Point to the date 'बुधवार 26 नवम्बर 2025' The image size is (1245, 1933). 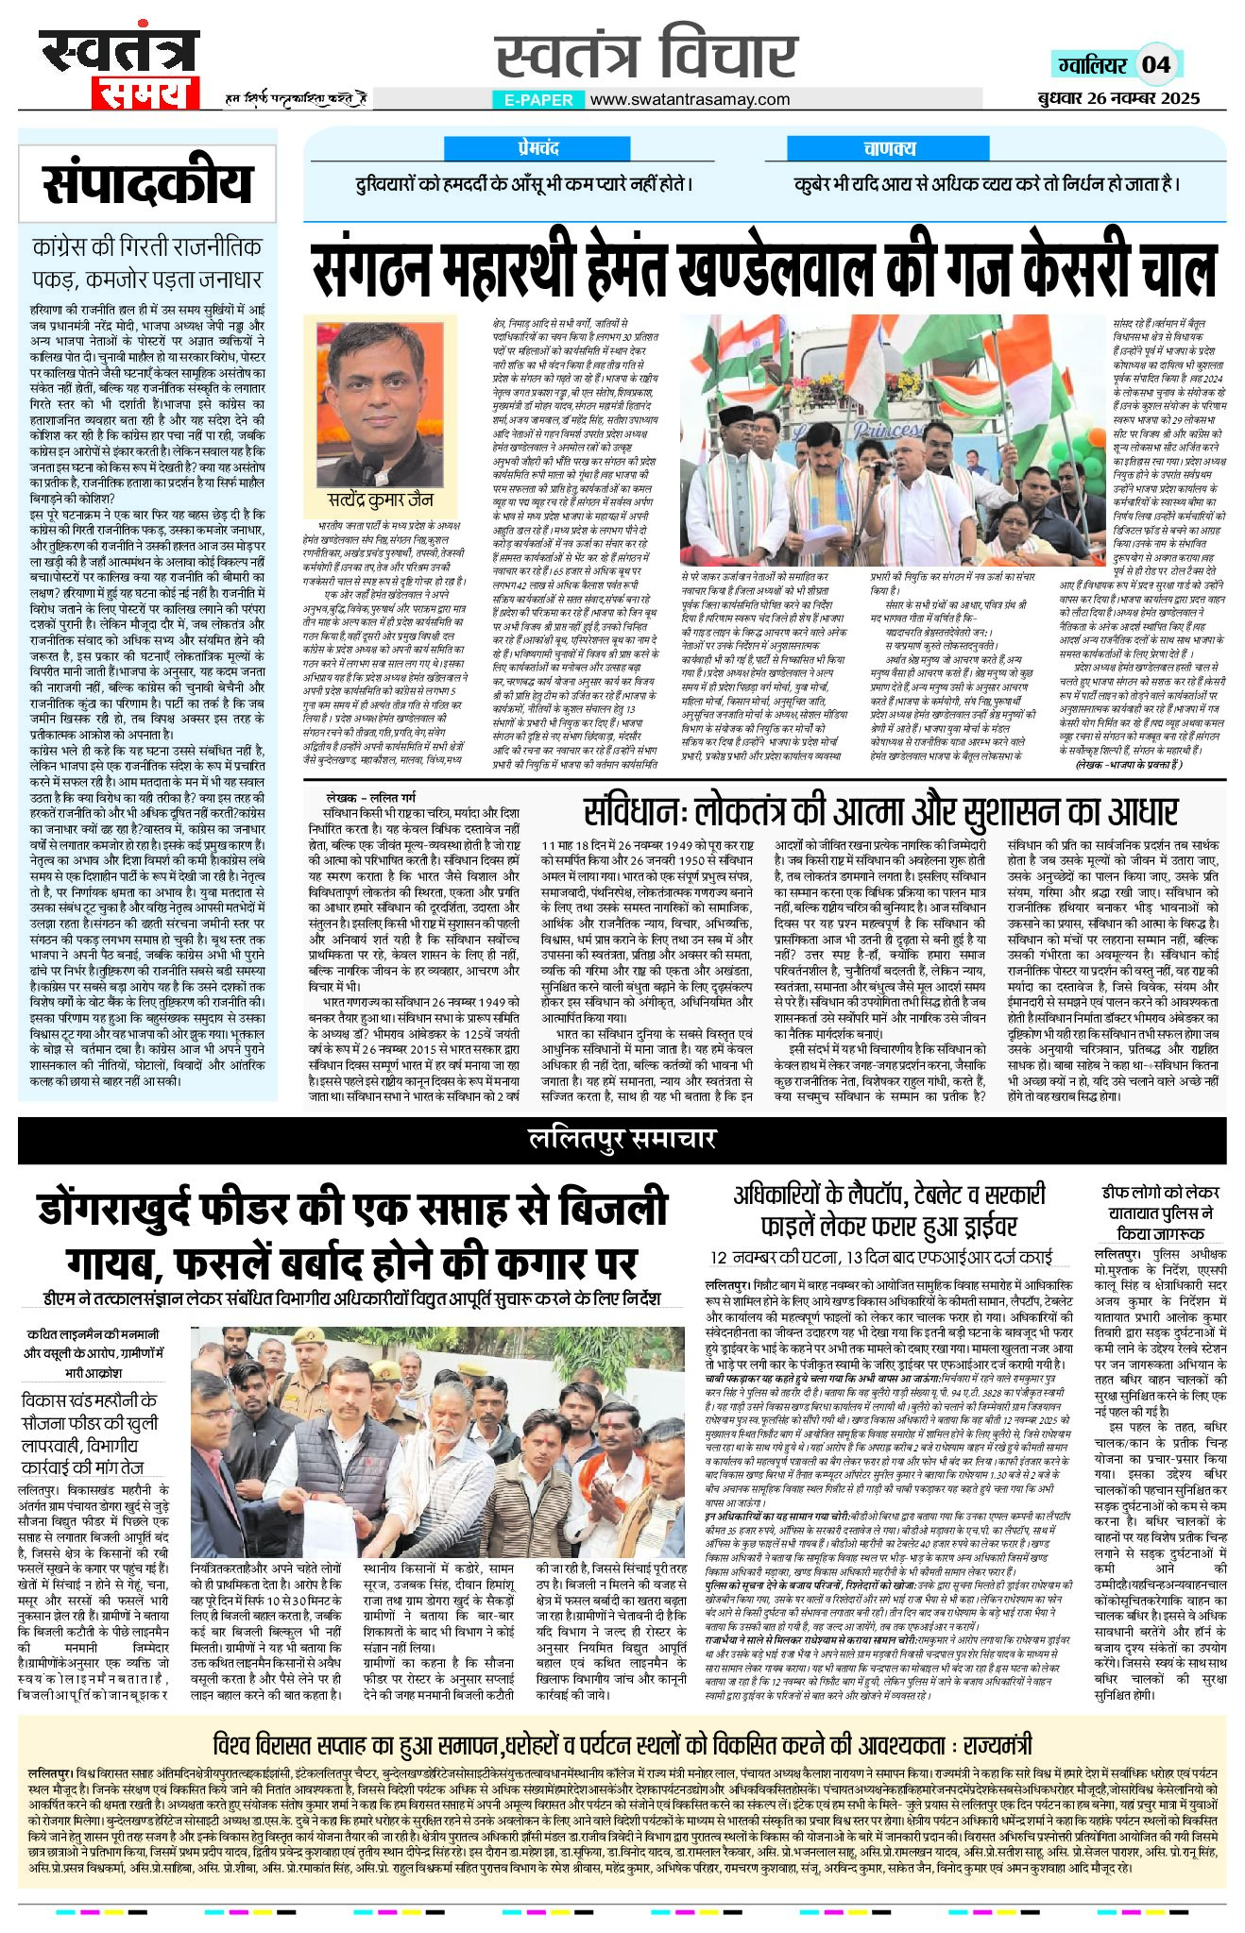coord(1117,97)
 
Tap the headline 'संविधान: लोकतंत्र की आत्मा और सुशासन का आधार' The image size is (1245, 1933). coord(879,810)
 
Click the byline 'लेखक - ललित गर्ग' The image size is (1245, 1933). coord(371,796)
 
